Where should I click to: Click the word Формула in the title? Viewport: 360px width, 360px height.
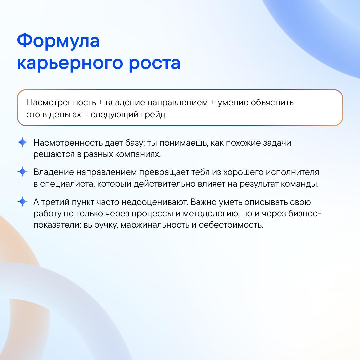click(x=58, y=41)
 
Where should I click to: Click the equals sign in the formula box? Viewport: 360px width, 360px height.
click(x=86, y=115)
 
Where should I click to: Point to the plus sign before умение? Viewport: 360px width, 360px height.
click(x=213, y=102)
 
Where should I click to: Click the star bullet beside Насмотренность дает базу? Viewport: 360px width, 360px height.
click(x=22, y=142)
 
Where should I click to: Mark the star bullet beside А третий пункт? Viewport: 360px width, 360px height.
click(x=22, y=202)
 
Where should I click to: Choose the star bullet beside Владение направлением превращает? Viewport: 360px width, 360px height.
click(x=22, y=172)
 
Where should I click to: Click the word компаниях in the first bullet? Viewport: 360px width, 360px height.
click(x=138, y=154)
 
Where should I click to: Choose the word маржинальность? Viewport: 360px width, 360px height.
click(x=155, y=225)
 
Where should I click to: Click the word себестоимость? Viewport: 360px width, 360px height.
click(x=231, y=225)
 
